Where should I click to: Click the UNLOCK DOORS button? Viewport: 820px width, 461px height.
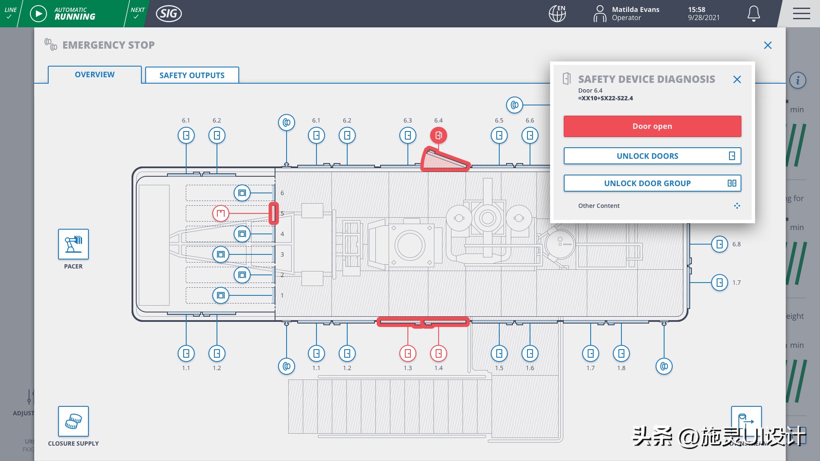(652, 156)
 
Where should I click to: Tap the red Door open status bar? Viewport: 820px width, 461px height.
(652, 126)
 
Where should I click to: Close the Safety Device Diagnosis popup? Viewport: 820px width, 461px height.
(737, 79)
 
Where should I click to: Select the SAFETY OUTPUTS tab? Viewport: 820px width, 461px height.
(192, 75)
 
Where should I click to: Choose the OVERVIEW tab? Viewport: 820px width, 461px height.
(95, 75)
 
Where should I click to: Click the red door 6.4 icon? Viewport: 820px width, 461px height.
(439, 135)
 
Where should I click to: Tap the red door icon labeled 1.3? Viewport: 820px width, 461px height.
(408, 353)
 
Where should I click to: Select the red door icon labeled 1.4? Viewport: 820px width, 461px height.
(439, 353)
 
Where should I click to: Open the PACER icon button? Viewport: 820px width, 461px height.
(73, 244)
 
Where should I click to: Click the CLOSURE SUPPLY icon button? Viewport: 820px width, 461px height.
(73, 421)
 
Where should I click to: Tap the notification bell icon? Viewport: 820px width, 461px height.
(753, 14)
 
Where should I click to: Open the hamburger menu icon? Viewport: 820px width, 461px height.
(801, 14)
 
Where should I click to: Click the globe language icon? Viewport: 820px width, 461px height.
(557, 14)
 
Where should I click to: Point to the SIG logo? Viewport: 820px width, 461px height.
(169, 14)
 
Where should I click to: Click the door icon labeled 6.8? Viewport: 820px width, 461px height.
(720, 244)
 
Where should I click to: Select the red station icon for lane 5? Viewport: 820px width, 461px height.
(221, 213)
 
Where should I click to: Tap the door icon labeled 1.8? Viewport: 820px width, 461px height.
(621, 353)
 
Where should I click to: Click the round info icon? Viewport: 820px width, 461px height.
(797, 80)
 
